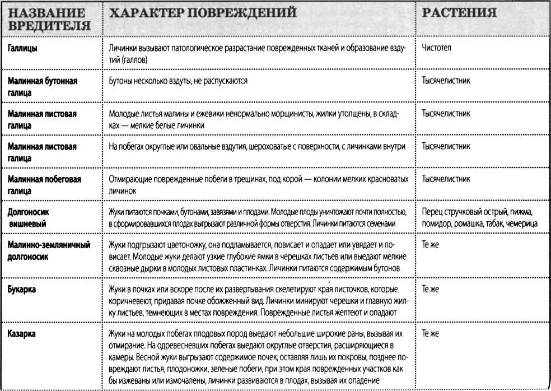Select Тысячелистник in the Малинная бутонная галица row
446,81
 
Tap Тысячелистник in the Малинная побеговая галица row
446,179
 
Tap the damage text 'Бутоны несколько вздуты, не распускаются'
178,81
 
